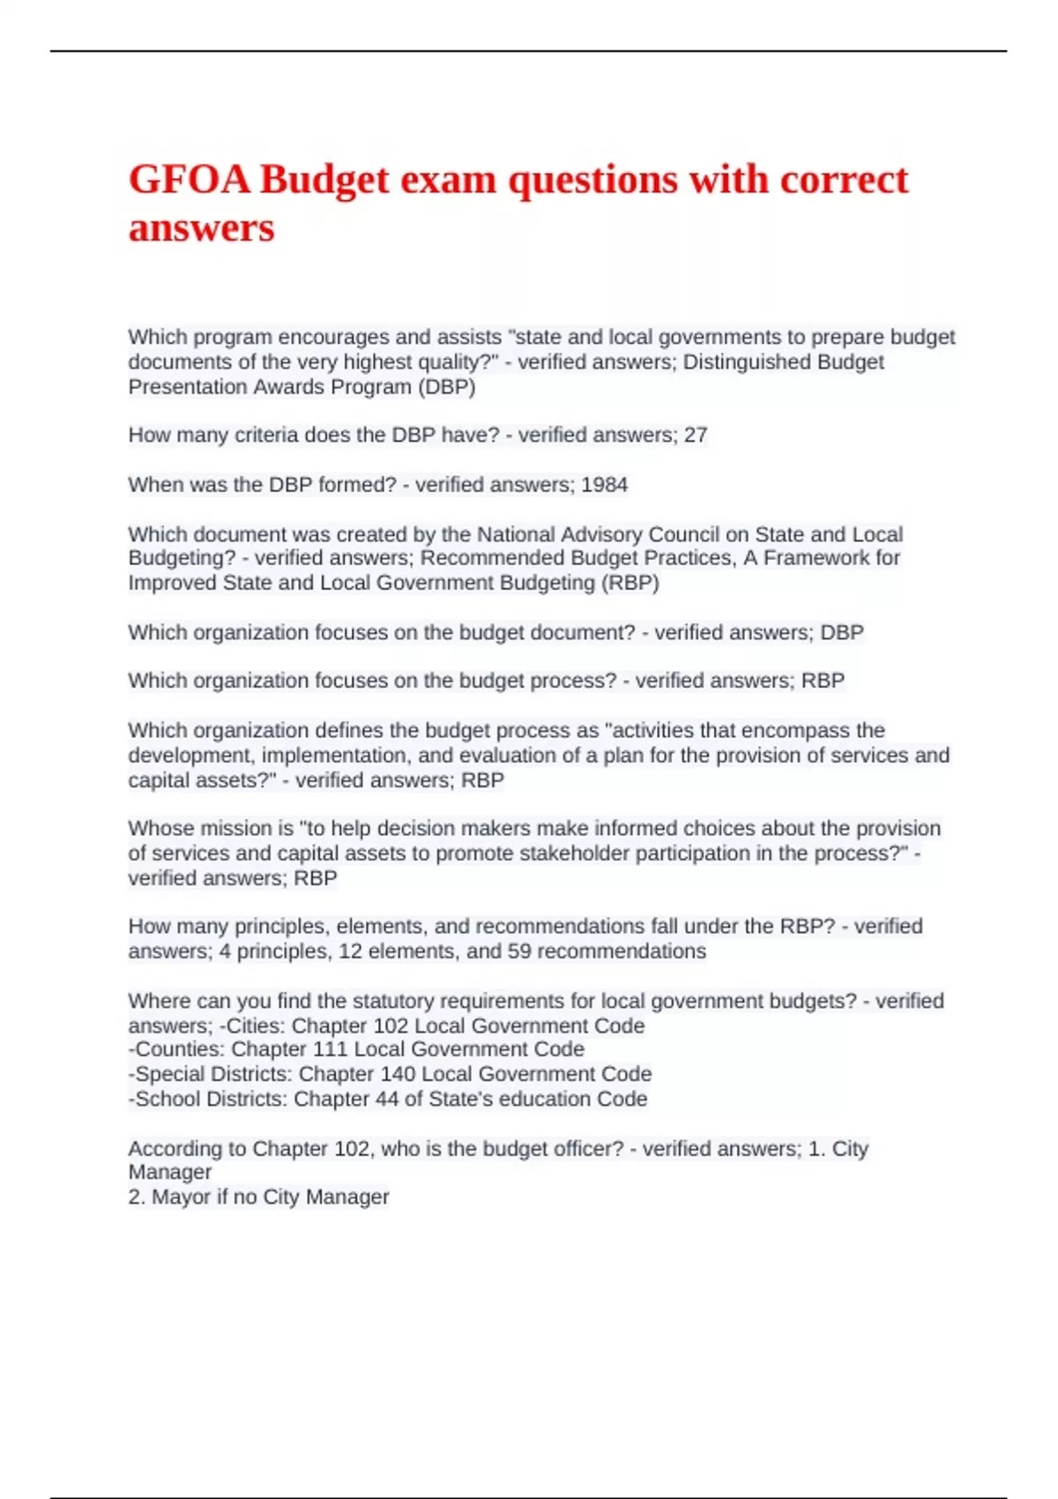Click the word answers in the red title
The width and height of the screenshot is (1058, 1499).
click(202, 227)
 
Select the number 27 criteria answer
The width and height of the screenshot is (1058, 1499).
click(696, 435)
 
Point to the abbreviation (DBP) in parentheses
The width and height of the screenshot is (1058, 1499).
click(447, 386)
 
